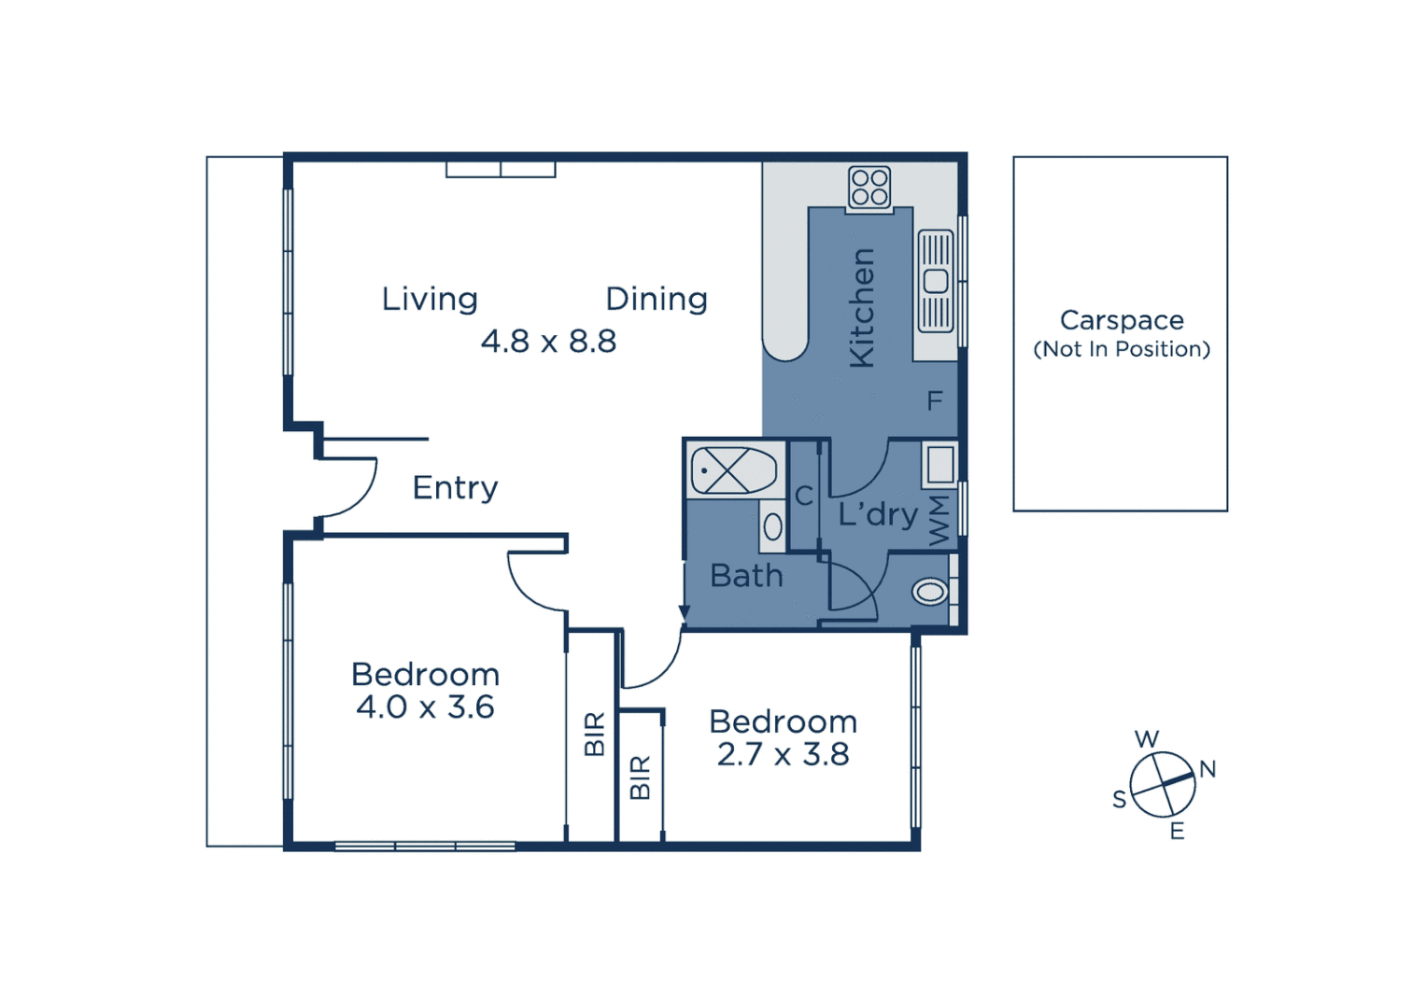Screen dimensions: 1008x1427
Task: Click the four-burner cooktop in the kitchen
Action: coord(869,188)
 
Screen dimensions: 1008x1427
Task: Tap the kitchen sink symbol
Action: coord(936,281)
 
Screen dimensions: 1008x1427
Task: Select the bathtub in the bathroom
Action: coord(734,470)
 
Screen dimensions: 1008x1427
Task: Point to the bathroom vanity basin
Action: coord(772,527)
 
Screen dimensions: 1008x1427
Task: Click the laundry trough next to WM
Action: coord(940,464)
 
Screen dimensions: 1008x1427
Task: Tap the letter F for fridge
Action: coord(934,401)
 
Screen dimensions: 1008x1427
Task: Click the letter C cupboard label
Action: coord(803,497)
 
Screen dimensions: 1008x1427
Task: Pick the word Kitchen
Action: coord(861,308)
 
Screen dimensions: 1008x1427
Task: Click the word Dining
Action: coord(657,300)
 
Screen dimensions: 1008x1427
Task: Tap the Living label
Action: coord(430,300)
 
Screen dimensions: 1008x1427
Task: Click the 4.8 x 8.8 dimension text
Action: coord(548,342)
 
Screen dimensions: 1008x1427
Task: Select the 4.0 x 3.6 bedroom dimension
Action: coord(425,707)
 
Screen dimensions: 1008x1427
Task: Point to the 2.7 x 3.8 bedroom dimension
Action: coord(783,754)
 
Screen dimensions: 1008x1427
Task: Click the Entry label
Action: coord(456,488)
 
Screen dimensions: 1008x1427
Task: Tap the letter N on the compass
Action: coord(1208,769)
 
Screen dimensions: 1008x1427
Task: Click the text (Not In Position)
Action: coord(1121,349)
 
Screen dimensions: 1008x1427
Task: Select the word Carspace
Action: coord(1122,320)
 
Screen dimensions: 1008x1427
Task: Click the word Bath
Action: coord(746,576)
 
